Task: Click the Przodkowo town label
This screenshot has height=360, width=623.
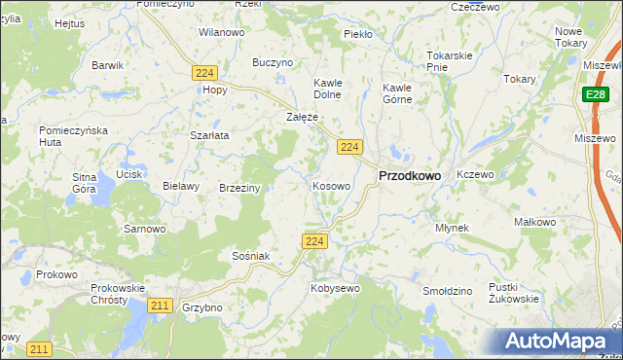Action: pos(408,176)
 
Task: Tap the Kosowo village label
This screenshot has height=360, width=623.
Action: pos(331,185)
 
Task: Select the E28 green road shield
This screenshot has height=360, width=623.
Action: pos(597,94)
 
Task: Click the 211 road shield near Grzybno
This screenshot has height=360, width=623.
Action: pos(161,306)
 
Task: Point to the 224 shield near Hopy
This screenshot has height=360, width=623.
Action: pos(203,73)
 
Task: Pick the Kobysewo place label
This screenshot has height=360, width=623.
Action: pos(335,288)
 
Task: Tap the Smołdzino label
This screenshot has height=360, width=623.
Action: pos(448,291)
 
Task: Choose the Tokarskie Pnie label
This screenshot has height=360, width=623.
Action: pos(449,61)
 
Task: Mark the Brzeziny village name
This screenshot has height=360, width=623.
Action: pos(239,188)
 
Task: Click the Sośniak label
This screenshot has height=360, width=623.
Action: pos(250,255)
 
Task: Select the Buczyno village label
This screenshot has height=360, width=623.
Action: pos(273,62)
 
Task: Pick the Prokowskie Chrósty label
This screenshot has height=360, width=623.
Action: pos(117,294)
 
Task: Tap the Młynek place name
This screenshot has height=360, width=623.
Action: pos(453,228)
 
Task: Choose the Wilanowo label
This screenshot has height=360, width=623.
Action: pos(221,32)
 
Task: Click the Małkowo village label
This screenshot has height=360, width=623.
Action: pos(534,222)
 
